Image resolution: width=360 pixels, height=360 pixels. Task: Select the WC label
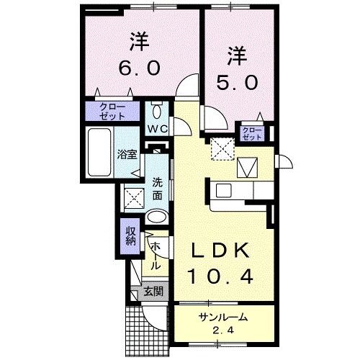click(x=158, y=128)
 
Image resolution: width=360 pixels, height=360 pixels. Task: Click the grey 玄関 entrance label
click(x=151, y=292)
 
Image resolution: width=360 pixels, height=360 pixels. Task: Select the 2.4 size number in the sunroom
click(x=224, y=330)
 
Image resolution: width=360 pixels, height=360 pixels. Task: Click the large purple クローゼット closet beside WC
click(x=113, y=112)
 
